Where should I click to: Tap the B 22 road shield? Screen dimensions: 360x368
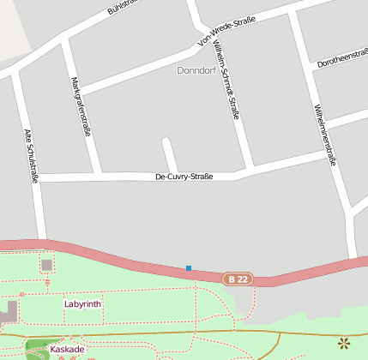tap(238, 279)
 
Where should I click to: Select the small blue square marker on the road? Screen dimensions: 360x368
tap(189, 268)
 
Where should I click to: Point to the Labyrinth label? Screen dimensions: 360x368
tap(82, 303)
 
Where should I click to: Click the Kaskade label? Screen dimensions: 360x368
tap(67, 349)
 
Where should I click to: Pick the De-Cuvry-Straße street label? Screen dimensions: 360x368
tap(184, 177)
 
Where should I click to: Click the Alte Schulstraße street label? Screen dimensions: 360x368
tap(31, 156)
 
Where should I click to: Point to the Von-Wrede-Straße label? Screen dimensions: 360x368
tap(226, 30)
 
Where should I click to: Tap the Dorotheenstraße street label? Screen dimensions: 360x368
tap(342, 57)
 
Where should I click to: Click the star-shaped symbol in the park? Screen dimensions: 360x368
tap(344, 344)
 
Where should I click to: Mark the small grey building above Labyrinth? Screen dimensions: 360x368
tap(46, 265)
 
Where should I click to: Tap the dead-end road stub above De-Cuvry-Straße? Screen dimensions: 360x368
tap(169, 154)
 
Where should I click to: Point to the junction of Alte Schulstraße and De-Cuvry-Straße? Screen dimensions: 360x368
tap(37, 178)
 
